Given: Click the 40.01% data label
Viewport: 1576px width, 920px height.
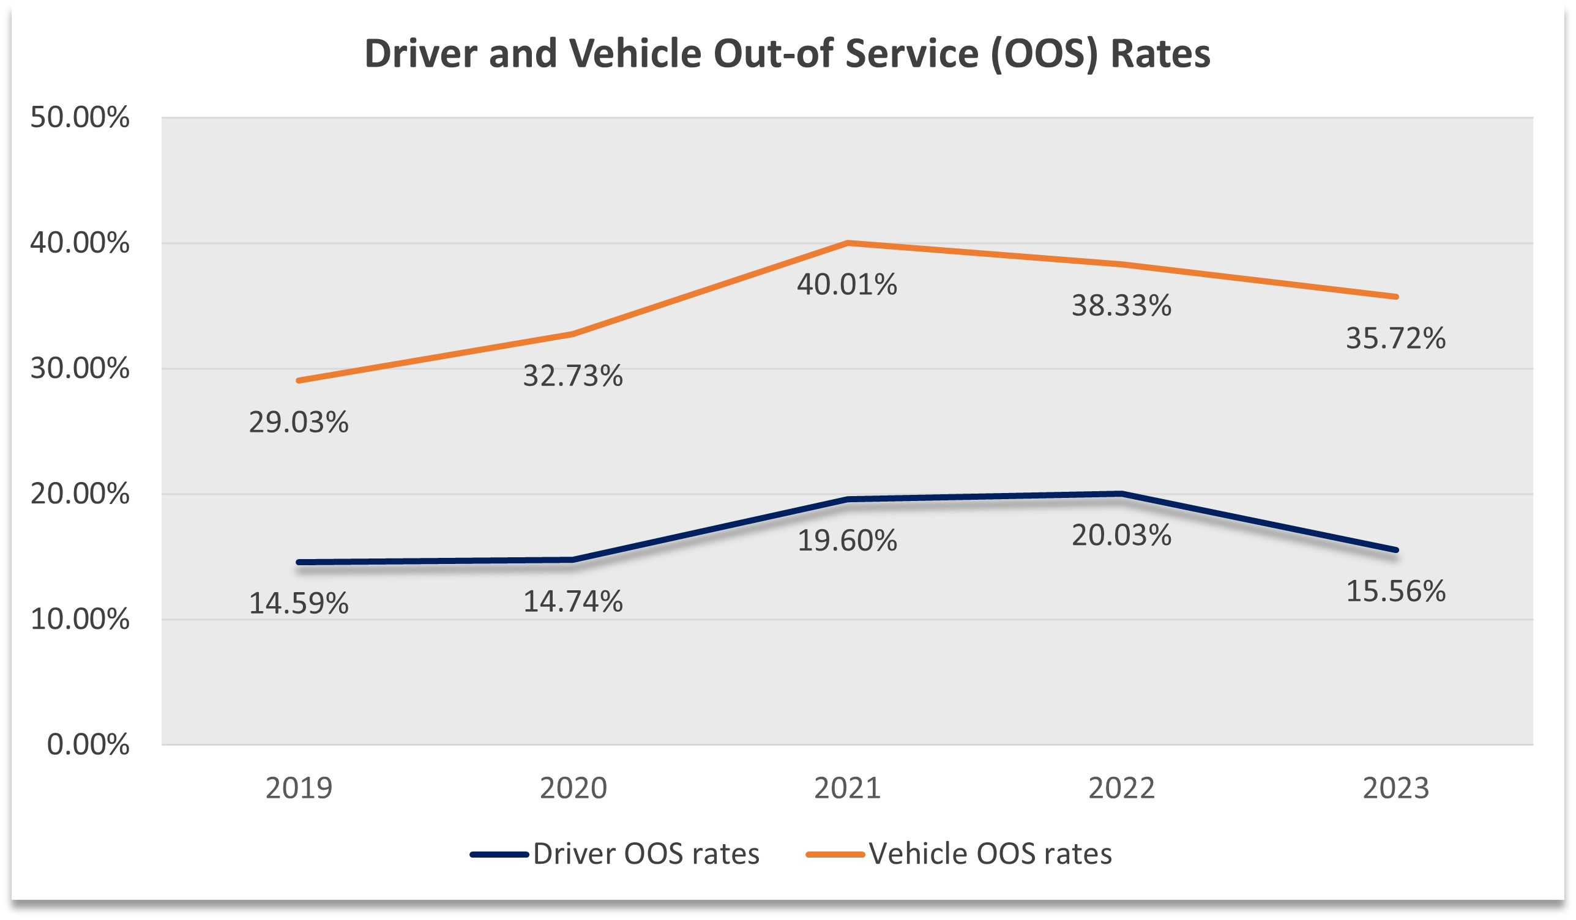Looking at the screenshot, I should click(x=847, y=285).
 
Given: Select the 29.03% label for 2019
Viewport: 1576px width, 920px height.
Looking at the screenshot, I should click(x=298, y=423).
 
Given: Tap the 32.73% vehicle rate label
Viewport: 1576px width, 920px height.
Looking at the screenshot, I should click(x=573, y=376).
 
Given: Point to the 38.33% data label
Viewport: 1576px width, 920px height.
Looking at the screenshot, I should click(x=1121, y=306).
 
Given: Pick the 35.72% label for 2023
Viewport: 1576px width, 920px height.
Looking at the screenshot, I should click(x=1395, y=339).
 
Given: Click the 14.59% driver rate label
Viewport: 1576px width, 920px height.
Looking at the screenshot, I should click(x=298, y=604).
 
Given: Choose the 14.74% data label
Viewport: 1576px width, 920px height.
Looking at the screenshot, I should click(x=573, y=602).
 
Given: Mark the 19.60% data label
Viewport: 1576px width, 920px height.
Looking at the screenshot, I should click(x=847, y=541).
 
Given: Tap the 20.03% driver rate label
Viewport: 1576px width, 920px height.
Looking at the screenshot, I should click(x=1121, y=536).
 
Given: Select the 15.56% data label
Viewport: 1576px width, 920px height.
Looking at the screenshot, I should click(x=1395, y=592).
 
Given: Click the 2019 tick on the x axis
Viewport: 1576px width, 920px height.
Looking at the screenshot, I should click(x=298, y=788).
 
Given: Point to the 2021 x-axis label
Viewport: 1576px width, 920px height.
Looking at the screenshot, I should click(x=847, y=788).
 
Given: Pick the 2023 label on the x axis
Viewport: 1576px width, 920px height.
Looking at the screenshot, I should click(x=1395, y=788).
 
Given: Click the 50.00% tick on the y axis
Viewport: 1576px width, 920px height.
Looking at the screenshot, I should click(x=80, y=117).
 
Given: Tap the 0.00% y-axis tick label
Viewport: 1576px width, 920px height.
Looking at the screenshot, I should click(x=88, y=745).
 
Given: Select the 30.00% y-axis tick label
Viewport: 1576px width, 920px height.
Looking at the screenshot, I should click(x=80, y=369).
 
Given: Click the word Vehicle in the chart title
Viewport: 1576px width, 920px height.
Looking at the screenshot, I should click(x=635, y=54).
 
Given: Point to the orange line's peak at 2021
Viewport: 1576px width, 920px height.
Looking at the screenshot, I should click(x=848, y=242).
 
